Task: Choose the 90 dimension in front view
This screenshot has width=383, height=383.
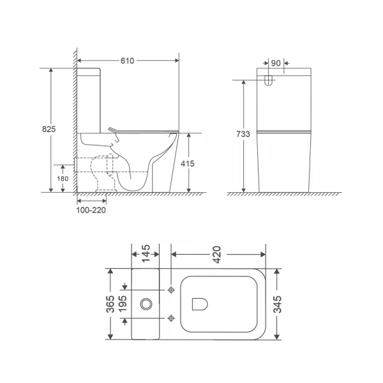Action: point(274,63)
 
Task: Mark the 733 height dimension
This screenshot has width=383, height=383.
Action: point(243,134)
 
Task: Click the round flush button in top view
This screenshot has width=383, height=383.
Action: point(148,304)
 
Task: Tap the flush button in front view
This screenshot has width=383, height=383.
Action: point(269,80)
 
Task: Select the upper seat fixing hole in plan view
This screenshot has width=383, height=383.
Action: point(171,290)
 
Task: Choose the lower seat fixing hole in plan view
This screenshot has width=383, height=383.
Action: point(171,317)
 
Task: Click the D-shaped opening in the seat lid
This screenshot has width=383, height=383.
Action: point(198,304)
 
